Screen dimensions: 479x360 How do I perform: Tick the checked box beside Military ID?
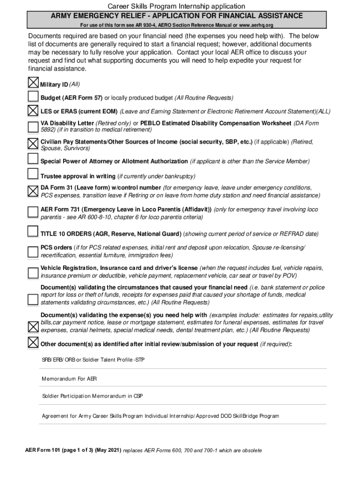[34, 83]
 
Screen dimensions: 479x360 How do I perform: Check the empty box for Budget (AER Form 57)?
[34, 97]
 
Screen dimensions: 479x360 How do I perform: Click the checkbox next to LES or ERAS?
[34, 111]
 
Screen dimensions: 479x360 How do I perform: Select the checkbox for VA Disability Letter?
[34, 126]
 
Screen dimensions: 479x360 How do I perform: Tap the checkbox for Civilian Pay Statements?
[34, 143]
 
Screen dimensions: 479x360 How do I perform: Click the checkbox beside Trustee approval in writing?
[34, 175]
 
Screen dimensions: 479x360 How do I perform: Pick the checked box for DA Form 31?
[34, 191]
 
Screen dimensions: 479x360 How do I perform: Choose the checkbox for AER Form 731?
[34, 212]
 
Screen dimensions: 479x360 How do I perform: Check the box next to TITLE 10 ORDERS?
[34, 232]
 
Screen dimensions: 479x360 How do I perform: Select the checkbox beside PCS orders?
[34, 252]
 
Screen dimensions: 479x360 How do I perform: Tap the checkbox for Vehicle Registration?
[34, 273]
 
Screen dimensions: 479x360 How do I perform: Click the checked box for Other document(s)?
[34, 343]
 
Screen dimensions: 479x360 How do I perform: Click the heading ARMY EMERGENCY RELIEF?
[177, 16]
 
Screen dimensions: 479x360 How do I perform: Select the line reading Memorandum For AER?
[70, 378]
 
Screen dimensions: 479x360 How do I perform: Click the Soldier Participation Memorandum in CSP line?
[93, 396]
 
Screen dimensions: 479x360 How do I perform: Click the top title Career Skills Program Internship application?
[177, 6]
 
